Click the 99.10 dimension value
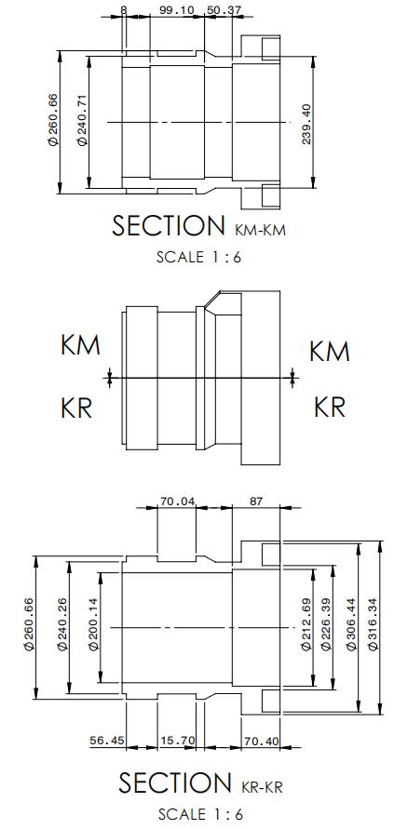pyautogui.click(x=176, y=10)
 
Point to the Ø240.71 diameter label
pyautogui.click(x=82, y=121)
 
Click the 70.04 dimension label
pyautogui.click(x=177, y=501)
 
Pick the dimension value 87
pyautogui.click(x=256, y=501)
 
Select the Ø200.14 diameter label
pyautogui.click(x=93, y=624)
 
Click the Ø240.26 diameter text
pyautogui.click(x=62, y=624)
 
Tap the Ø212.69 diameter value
pyautogui.click(x=306, y=624)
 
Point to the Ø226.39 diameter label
pyautogui.click(x=325, y=624)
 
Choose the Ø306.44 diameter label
pyautogui.click(x=351, y=624)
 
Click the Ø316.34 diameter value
pyautogui.click(x=374, y=624)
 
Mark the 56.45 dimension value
pyautogui.click(x=107, y=741)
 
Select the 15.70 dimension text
pyautogui.click(x=177, y=741)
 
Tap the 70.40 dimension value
pyautogui.click(x=261, y=741)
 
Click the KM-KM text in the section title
pyautogui.click(x=259, y=231)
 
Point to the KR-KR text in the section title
pyautogui.click(x=262, y=787)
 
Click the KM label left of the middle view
pyautogui.click(x=80, y=346)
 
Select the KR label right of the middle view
pyautogui.click(x=330, y=408)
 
